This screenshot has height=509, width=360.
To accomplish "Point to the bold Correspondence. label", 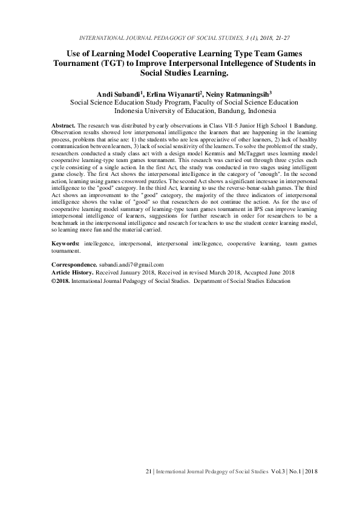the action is (x=74, y=265).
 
